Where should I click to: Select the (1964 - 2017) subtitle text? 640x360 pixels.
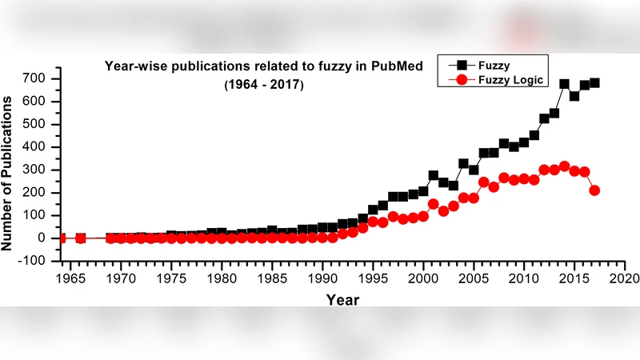pyautogui.click(x=264, y=83)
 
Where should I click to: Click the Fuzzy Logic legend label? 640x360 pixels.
pyautogui.click(x=510, y=80)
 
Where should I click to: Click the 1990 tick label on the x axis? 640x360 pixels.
pyautogui.click(x=322, y=278)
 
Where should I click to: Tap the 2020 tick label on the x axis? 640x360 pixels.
pyautogui.click(x=624, y=278)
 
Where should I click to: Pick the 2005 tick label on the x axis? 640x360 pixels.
pyautogui.click(x=474, y=278)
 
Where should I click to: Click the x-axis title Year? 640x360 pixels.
pyautogui.click(x=342, y=299)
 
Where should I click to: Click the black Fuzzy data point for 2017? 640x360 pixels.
pyautogui.click(x=594, y=82)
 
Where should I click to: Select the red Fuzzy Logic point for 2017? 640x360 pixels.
pyautogui.click(x=594, y=190)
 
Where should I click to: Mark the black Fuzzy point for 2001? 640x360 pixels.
pyautogui.click(x=434, y=175)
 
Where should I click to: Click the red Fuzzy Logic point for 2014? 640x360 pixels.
pyautogui.click(x=564, y=166)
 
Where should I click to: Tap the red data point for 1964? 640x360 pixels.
pyautogui.click(x=62, y=238)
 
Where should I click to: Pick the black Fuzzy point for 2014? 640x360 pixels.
pyautogui.click(x=564, y=84)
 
